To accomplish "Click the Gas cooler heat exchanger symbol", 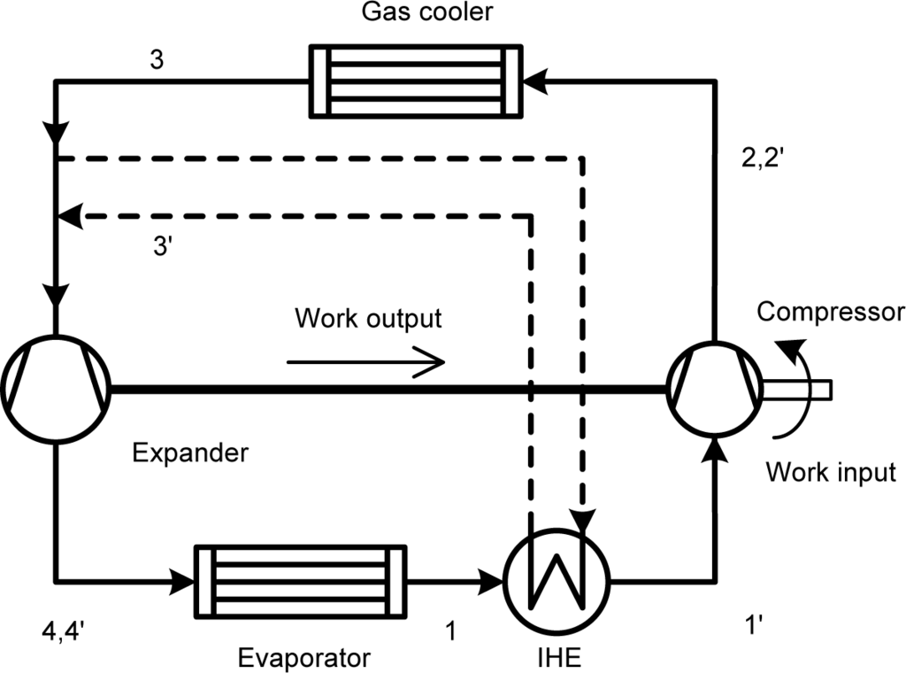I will (x=415, y=81).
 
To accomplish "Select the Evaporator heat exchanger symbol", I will (x=300, y=582).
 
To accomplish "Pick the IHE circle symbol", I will (x=557, y=583).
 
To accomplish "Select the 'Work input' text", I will (x=831, y=471).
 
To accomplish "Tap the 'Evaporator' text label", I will (x=304, y=658).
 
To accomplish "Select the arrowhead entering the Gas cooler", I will (x=534, y=81).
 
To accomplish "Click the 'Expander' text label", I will (x=190, y=453).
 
